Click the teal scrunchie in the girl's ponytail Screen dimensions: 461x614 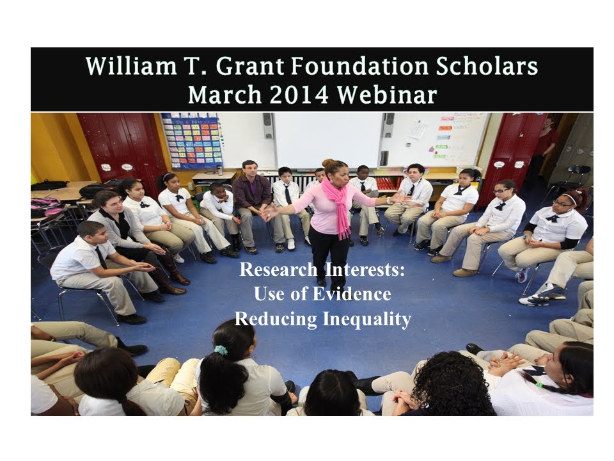tap(221, 350)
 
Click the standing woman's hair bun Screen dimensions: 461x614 tap(328, 163)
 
